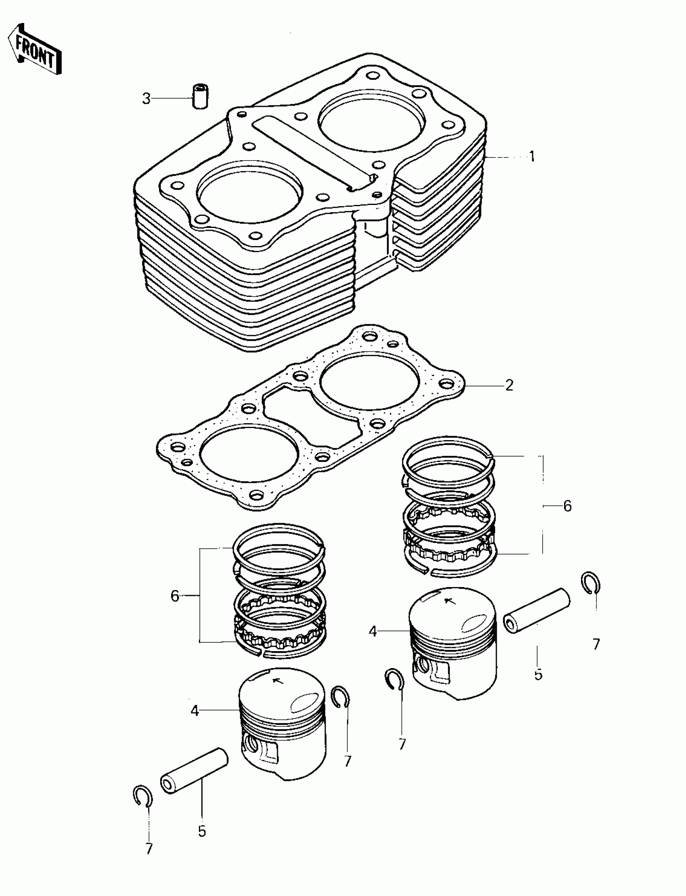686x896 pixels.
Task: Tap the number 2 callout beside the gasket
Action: click(x=509, y=385)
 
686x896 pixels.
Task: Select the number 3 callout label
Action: click(x=146, y=98)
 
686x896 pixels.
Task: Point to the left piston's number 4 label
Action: click(x=195, y=711)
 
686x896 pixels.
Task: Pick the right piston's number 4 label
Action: click(x=372, y=631)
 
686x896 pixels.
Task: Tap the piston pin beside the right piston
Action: click(x=537, y=610)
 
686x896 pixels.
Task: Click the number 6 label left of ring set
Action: click(x=175, y=596)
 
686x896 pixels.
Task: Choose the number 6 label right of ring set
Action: click(x=567, y=506)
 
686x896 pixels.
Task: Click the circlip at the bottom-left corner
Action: click(x=143, y=796)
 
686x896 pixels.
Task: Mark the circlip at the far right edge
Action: click(x=590, y=583)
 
